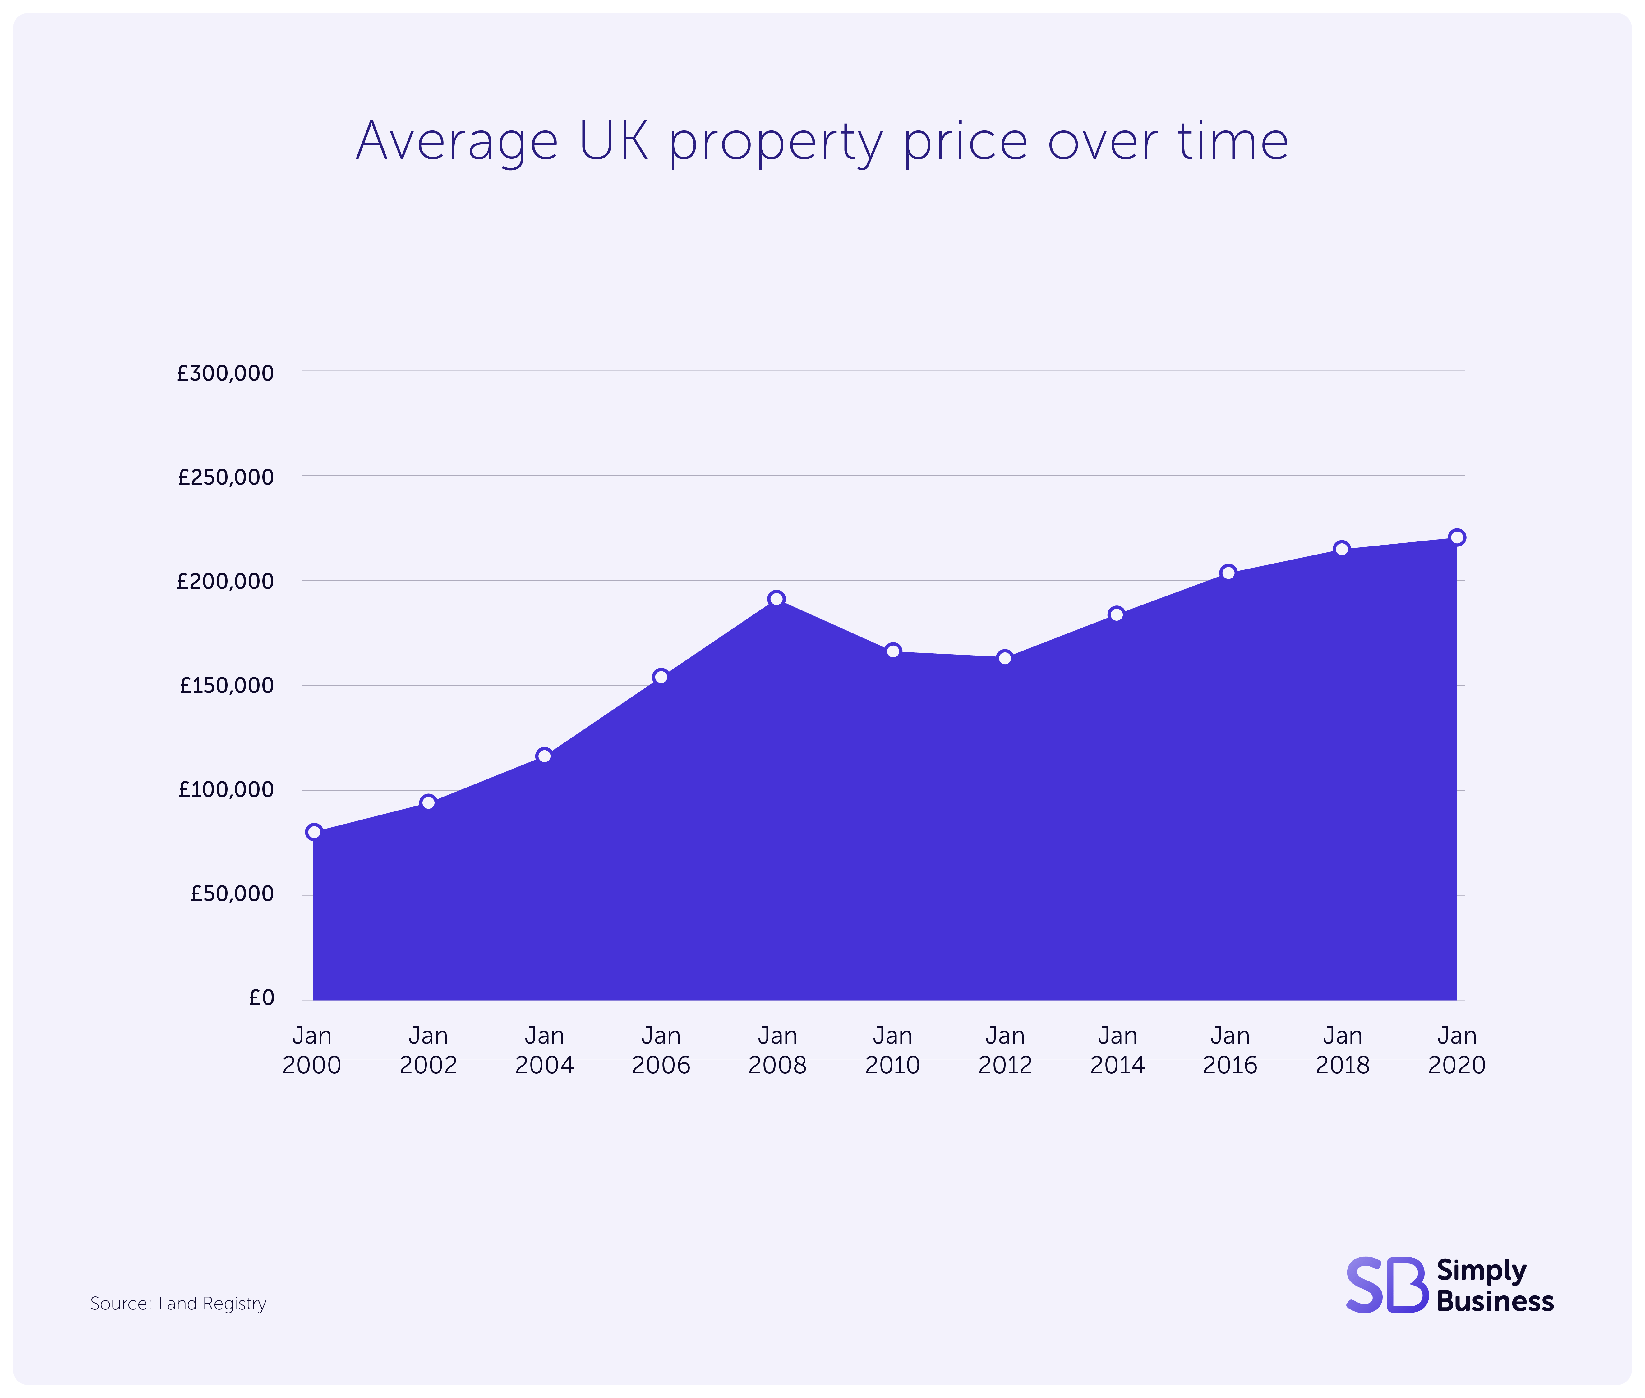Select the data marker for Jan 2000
314,831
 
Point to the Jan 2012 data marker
1004,658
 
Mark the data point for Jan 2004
544,755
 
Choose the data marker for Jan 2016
1228,572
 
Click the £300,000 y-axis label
225,372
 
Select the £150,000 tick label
227,685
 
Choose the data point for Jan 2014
1116,614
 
